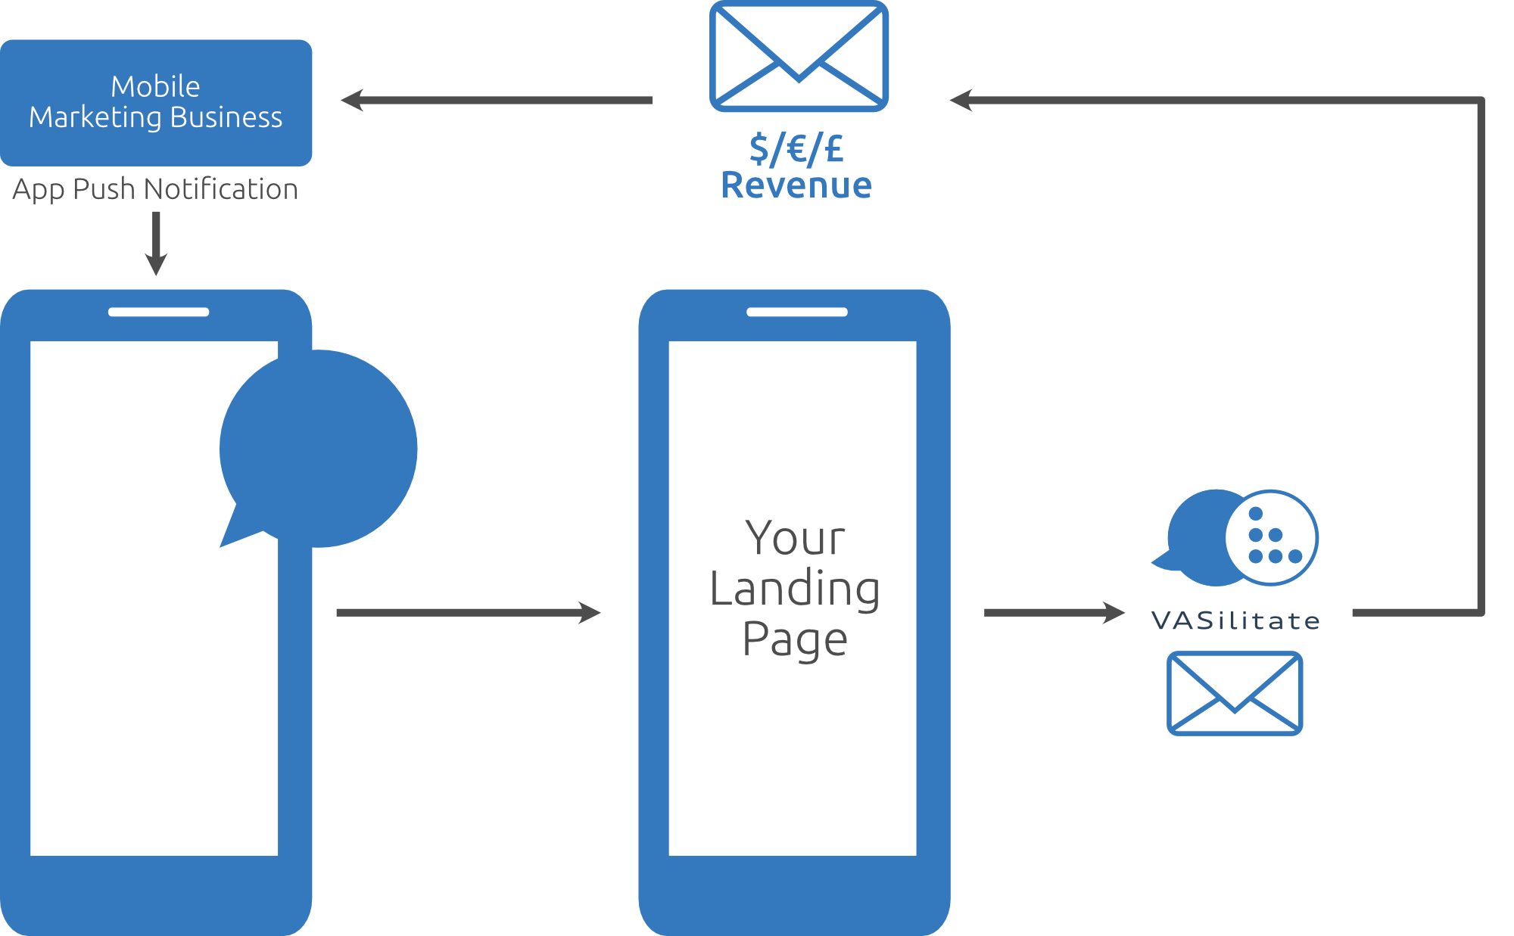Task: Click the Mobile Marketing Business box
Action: click(x=156, y=103)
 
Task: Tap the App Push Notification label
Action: click(x=155, y=189)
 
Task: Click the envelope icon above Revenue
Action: click(x=799, y=56)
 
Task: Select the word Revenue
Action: click(x=796, y=185)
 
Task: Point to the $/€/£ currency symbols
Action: click(x=796, y=148)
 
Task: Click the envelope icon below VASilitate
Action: click(x=1235, y=693)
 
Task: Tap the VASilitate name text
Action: click(x=1235, y=620)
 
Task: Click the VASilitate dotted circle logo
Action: click(x=1272, y=538)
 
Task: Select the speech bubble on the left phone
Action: click(x=318, y=449)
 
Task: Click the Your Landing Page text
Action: click(x=795, y=588)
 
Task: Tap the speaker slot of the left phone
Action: click(x=158, y=312)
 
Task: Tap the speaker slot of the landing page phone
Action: click(x=797, y=312)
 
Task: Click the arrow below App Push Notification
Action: click(x=156, y=244)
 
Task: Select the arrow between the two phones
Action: click(x=469, y=613)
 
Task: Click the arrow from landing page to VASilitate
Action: click(x=1055, y=613)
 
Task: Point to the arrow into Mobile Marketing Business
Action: click(x=497, y=100)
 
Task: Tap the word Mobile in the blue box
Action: click(x=155, y=87)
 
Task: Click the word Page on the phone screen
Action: click(x=795, y=640)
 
